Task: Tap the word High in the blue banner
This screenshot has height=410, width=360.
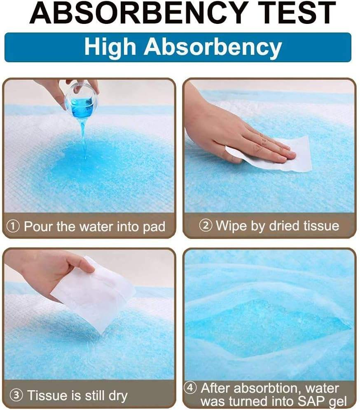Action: (x=110, y=47)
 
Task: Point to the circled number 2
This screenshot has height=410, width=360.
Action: (x=206, y=225)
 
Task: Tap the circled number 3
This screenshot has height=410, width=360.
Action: (x=16, y=395)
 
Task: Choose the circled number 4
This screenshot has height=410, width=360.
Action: (x=190, y=388)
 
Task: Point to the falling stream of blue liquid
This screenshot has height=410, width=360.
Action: (x=84, y=138)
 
